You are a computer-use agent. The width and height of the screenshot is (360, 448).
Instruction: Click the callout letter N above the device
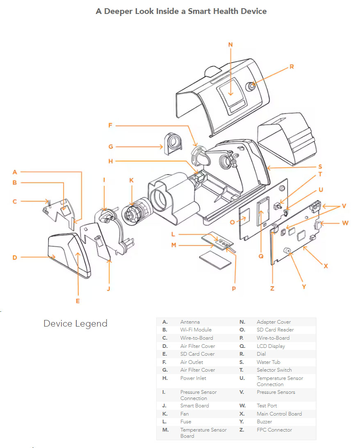click(230, 44)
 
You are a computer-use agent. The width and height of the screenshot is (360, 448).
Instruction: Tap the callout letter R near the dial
click(292, 66)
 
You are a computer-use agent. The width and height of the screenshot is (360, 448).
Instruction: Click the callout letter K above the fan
click(131, 180)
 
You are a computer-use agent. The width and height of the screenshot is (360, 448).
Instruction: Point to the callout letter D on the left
click(15, 258)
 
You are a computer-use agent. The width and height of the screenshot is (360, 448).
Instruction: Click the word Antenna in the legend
click(190, 322)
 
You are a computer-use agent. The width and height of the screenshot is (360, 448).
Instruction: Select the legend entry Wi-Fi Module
click(196, 330)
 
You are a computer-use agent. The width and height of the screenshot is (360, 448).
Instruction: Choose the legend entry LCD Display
click(271, 346)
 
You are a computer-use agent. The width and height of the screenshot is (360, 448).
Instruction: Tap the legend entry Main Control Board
click(279, 414)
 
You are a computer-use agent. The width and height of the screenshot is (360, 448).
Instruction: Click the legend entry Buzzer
click(264, 422)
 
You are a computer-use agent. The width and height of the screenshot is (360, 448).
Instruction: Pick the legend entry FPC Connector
click(274, 430)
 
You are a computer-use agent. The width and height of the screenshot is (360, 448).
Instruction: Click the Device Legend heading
click(75, 323)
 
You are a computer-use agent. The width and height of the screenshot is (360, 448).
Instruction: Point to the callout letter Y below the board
click(304, 287)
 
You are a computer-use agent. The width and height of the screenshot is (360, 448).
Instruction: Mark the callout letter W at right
click(345, 223)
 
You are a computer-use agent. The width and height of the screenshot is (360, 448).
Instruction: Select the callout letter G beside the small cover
click(111, 146)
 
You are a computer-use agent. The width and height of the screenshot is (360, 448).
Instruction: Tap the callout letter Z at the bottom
click(272, 288)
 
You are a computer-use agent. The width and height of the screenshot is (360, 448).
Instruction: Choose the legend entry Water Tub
click(268, 362)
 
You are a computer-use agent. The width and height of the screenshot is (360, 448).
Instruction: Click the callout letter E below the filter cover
click(77, 301)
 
